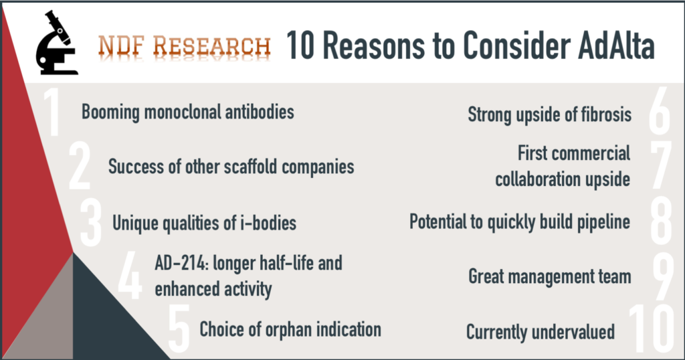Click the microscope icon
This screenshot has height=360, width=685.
click(x=56, y=43)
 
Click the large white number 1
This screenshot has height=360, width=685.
click(x=52, y=113)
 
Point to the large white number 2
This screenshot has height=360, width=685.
click(x=80, y=167)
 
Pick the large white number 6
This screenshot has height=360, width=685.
click(x=659, y=112)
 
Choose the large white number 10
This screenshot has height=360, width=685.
click(x=652, y=329)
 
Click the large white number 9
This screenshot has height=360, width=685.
click(x=663, y=276)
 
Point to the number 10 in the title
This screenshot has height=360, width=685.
click(x=300, y=45)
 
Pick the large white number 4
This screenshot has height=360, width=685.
click(x=130, y=276)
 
